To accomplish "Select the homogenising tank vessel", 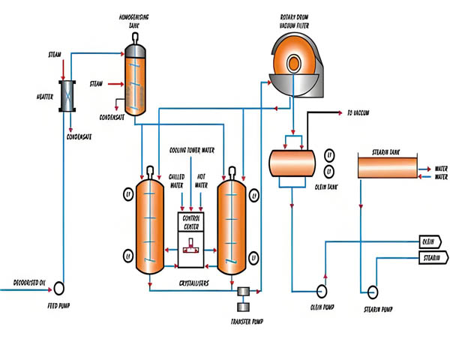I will coord(136,79).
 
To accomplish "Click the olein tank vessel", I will coord(291,162).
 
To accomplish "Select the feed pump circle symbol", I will coord(59,286).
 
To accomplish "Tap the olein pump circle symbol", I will coord(322,289).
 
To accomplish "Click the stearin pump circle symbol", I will coord(367,289).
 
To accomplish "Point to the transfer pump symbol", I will coord(244,298).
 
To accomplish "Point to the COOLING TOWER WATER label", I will coord(191,150).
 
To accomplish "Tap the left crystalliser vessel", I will coord(150,226).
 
